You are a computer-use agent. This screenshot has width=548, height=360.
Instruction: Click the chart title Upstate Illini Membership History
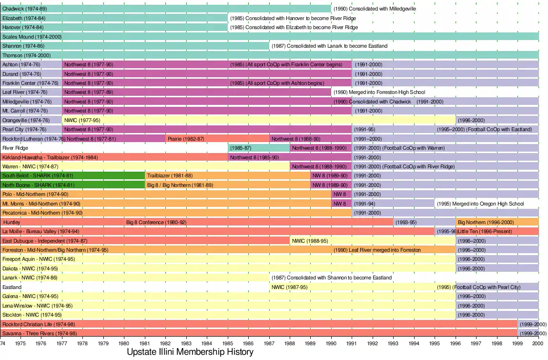(190, 352)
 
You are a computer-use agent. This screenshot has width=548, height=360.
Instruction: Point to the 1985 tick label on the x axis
(227, 343)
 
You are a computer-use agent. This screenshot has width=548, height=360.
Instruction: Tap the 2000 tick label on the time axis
(538, 343)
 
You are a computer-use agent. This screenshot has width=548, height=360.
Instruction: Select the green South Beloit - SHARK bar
(73, 175)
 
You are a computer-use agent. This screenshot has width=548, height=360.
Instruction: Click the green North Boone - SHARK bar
(73, 185)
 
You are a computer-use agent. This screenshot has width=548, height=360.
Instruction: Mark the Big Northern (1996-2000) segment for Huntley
(497, 222)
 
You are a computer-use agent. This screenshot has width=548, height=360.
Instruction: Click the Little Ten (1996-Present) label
(485, 231)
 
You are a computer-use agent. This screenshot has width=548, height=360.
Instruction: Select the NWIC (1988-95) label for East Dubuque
(310, 241)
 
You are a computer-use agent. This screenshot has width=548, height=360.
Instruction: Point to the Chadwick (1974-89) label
(24, 9)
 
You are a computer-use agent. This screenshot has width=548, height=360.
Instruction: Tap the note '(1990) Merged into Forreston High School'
(379, 93)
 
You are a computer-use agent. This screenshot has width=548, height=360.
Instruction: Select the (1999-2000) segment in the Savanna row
(528, 333)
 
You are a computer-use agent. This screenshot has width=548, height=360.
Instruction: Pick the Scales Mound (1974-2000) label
(32, 37)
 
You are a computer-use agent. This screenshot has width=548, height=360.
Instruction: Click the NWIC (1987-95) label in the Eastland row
(290, 287)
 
